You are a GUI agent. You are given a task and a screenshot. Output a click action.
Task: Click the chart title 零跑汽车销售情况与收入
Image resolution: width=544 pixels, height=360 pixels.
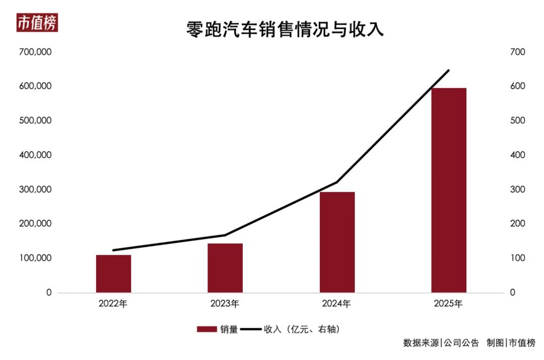285,29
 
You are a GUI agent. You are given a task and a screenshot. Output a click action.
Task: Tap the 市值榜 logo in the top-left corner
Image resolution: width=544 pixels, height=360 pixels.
37,23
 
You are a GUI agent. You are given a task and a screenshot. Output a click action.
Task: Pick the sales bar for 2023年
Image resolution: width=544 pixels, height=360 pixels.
225,268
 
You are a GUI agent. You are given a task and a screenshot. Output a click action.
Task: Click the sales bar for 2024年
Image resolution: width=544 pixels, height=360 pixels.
337,242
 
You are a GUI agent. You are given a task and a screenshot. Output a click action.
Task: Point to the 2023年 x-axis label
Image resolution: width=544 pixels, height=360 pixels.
225,304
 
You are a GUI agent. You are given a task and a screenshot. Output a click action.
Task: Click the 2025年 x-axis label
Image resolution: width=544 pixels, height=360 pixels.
448,304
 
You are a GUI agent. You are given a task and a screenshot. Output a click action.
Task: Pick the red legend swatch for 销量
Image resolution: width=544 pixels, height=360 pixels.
206,329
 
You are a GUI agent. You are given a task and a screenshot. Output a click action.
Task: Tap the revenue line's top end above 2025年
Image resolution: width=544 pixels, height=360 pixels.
448,70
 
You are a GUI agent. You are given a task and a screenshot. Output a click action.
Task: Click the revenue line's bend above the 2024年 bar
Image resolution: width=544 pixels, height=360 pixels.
337,182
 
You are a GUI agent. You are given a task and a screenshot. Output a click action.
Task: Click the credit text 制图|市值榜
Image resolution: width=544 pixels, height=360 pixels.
511,343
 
